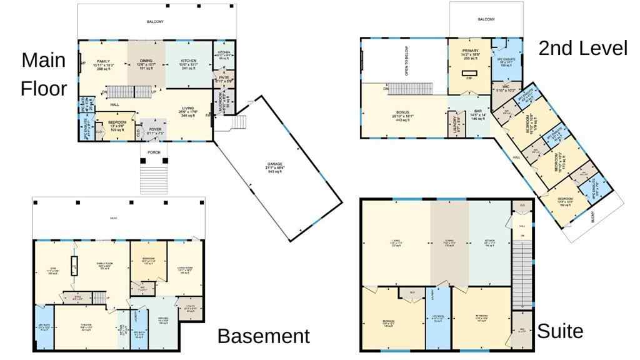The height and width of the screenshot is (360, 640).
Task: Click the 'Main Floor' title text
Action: [x=44, y=74]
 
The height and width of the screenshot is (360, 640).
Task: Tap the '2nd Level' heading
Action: [x=582, y=48]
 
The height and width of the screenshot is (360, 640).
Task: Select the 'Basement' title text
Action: [x=263, y=336]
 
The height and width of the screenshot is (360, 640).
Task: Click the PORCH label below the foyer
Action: [x=154, y=152]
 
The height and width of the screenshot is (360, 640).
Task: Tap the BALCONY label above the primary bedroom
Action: [x=486, y=19]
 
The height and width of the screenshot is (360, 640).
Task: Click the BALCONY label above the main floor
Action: [x=155, y=22]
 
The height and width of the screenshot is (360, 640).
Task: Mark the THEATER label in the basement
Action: [x=86, y=325]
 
